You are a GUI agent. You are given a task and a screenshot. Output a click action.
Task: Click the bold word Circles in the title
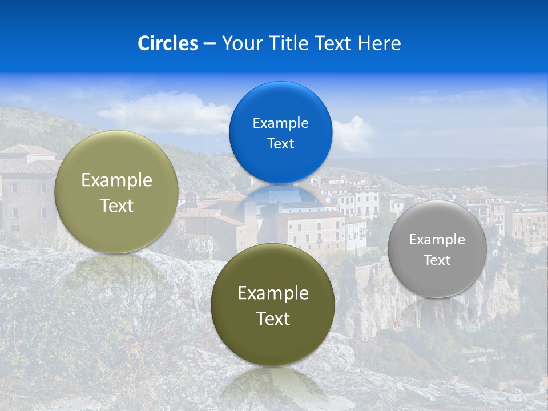pyautogui.click(x=168, y=43)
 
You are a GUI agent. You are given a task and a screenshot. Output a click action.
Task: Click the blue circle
pyautogui.click(x=280, y=132)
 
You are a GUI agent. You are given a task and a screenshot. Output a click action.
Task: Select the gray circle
pyautogui.click(x=437, y=249)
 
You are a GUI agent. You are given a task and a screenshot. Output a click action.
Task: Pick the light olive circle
pyautogui.click(x=116, y=192)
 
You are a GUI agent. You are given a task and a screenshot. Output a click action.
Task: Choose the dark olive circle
pyautogui.click(x=273, y=305)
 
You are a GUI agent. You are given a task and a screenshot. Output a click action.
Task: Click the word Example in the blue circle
pyautogui.click(x=280, y=123)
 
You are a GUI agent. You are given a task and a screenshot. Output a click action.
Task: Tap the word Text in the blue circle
pyautogui.click(x=280, y=143)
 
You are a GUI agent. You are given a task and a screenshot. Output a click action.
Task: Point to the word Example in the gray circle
pyautogui.click(x=437, y=239)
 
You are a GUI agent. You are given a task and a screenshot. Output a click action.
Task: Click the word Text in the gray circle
pyautogui.click(x=437, y=260)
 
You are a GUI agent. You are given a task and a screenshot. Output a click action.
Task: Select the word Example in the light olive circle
pyautogui.click(x=116, y=180)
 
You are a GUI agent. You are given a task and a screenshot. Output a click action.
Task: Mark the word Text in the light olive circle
pyautogui.click(x=116, y=205)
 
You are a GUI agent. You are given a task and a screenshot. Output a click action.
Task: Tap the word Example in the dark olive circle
pyautogui.click(x=273, y=293)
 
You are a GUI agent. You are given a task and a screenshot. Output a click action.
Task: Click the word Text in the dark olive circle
pyautogui.click(x=273, y=319)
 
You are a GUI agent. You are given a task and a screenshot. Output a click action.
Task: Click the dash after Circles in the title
pyautogui.click(x=209, y=44)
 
